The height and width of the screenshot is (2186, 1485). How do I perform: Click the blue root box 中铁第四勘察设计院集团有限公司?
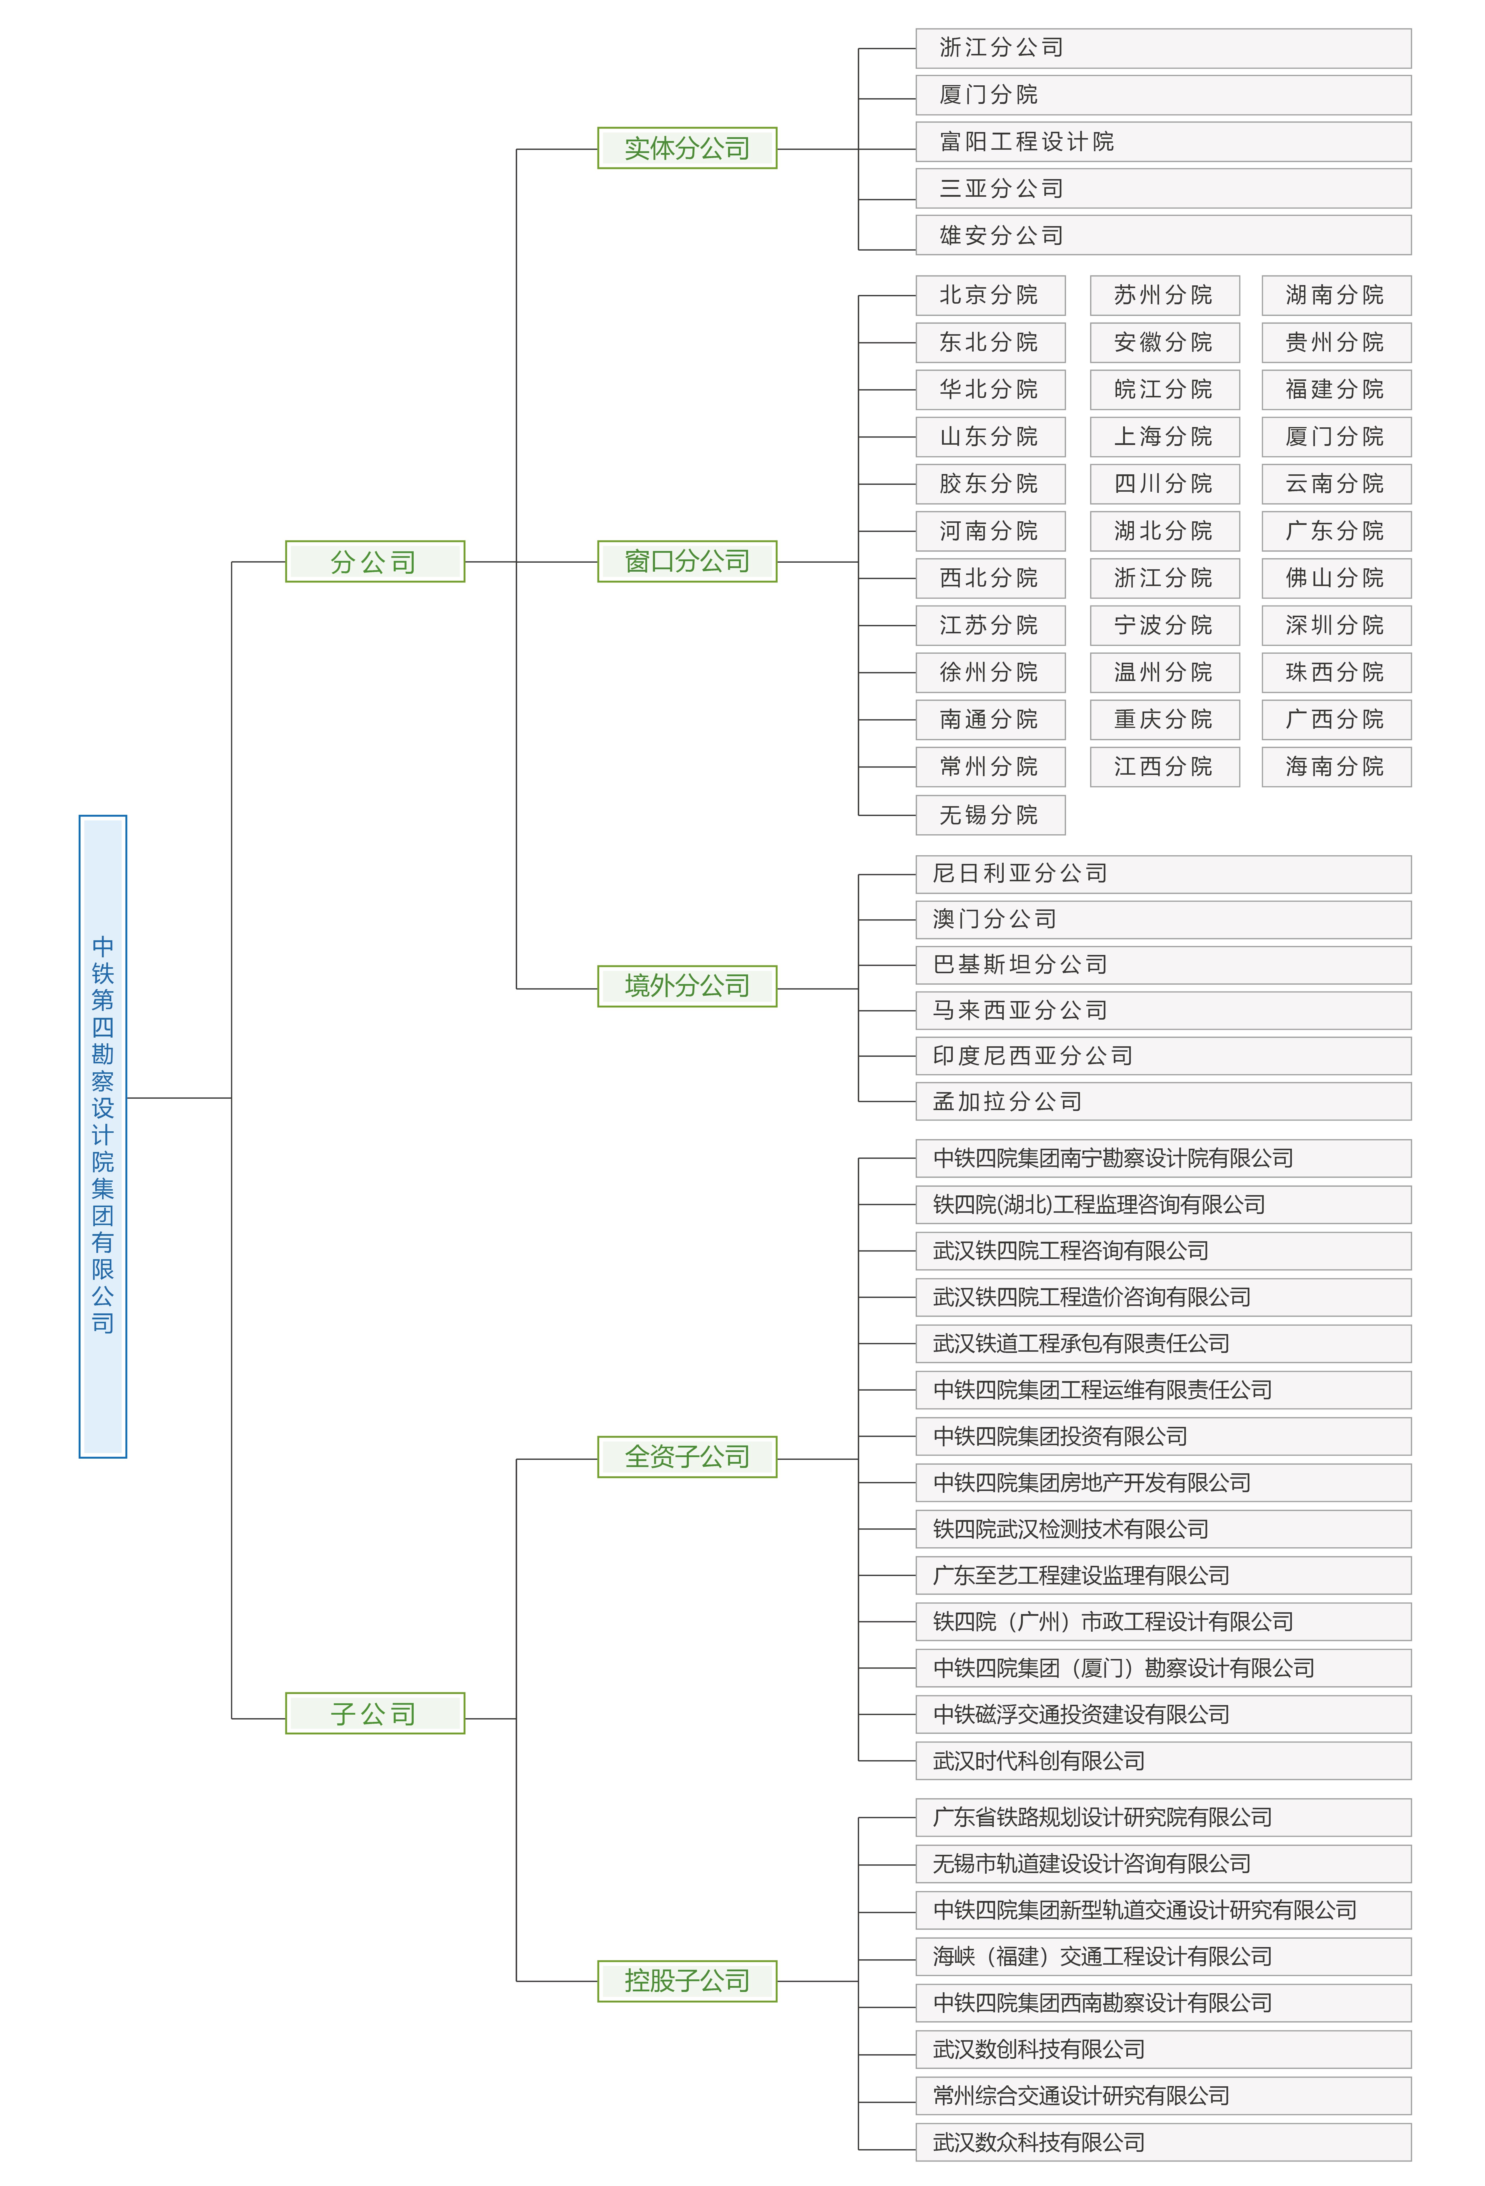click(102, 1136)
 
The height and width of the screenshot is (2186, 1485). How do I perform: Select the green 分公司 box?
click(375, 561)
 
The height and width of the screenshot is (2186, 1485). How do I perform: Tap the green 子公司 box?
click(375, 1713)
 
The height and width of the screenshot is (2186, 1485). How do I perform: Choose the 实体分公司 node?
click(688, 148)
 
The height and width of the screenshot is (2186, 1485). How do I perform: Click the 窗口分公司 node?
click(688, 561)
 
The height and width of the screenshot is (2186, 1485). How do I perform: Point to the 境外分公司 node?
click(688, 986)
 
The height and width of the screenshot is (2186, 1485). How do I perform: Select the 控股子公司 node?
click(688, 1981)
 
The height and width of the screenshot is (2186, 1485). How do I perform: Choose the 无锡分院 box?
click(990, 815)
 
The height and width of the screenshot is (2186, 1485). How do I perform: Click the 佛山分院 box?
click(1337, 578)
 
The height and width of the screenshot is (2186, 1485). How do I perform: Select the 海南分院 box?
click(1337, 767)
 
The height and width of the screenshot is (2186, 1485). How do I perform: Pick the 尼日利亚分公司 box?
click(1163, 874)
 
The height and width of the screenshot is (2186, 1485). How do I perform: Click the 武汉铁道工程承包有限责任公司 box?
click(1163, 1343)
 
